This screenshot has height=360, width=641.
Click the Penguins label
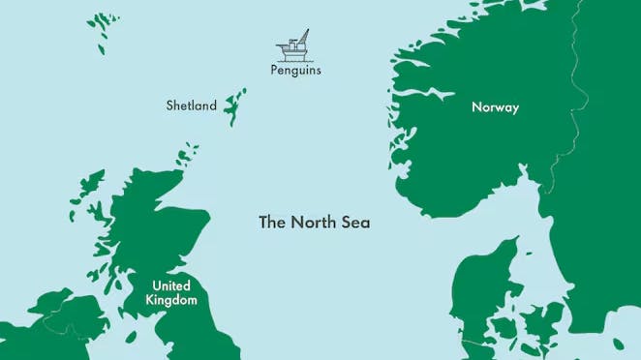point(295,71)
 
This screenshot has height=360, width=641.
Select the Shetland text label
point(191,105)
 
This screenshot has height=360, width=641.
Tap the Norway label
point(495,107)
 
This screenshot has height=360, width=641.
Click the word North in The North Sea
point(315,222)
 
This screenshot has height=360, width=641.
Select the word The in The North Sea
point(272,222)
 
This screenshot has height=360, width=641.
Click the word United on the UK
point(171,285)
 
